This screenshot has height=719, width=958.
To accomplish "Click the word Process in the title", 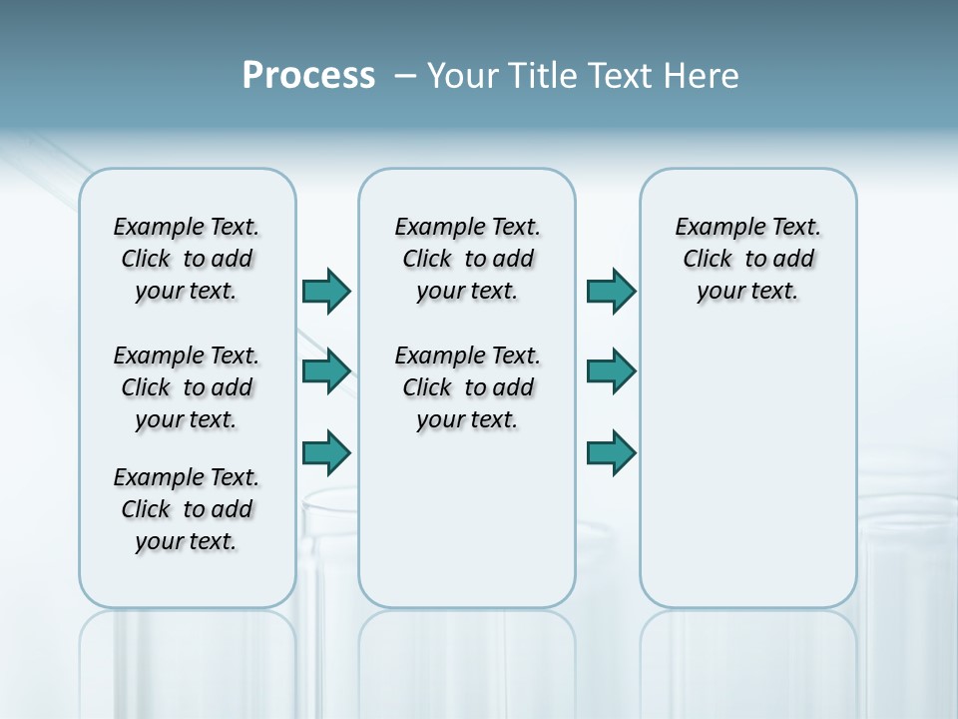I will (308, 76).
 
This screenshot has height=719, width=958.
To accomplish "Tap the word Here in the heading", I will (703, 76).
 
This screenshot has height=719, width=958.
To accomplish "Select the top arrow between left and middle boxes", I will (326, 292).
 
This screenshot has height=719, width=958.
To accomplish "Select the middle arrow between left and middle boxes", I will (326, 371).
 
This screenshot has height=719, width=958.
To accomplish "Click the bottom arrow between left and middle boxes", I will (326, 452).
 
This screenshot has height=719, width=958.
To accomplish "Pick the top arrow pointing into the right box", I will (612, 292).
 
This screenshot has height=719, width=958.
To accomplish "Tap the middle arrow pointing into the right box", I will (612, 371).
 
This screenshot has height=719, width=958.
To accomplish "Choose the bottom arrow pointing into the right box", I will (612, 452).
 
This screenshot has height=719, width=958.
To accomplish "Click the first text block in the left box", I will (187, 259).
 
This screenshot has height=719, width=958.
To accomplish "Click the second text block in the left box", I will (187, 387).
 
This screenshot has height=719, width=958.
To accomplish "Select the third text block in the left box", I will (187, 509).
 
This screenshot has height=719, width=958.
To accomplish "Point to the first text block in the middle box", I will (467, 259).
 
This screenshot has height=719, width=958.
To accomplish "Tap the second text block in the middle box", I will (467, 387).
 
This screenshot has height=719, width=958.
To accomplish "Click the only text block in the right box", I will (747, 259).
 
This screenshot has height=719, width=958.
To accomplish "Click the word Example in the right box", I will (713, 228).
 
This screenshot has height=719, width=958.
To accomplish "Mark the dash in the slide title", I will (405, 76).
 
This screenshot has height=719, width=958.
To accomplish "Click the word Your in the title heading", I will (464, 76).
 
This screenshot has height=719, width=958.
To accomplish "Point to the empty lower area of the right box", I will (747, 479).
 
